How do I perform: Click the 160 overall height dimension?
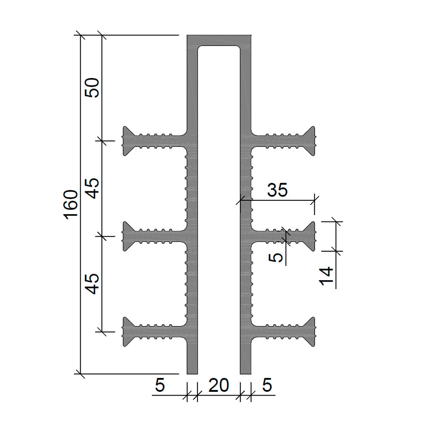(x=71, y=204)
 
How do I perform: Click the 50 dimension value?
(x=92, y=87)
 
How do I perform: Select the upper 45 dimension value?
(x=92, y=188)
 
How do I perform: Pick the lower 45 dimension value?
(x=92, y=284)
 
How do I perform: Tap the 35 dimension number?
(x=277, y=190)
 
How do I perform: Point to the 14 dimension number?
(x=326, y=276)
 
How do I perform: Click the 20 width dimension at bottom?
(x=219, y=385)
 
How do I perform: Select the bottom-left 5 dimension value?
(x=160, y=385)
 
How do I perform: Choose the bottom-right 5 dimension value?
(x=267, y=385)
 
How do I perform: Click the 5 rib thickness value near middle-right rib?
(x=276, y=258)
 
